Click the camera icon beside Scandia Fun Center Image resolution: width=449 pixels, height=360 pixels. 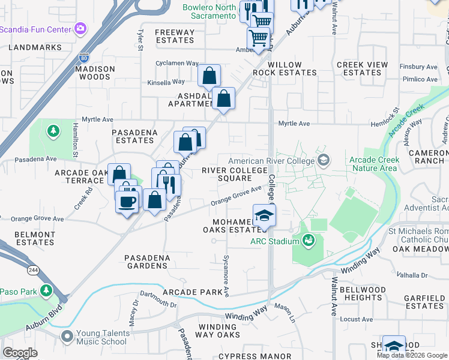[x=80, y=28]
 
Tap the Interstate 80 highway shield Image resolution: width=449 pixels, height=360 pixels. [x=83, y=58]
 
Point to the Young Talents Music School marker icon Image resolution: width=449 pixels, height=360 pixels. [x=67, y=336]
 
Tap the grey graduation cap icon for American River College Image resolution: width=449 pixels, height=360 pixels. [x=324, y=160]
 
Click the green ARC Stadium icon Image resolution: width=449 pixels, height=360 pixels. [x=309, y=241]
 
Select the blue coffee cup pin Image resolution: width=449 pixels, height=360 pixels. [x=126, y=202]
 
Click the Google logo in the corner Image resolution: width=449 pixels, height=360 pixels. [x=20, y=353]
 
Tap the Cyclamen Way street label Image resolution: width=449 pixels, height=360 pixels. [x=176, y=63]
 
